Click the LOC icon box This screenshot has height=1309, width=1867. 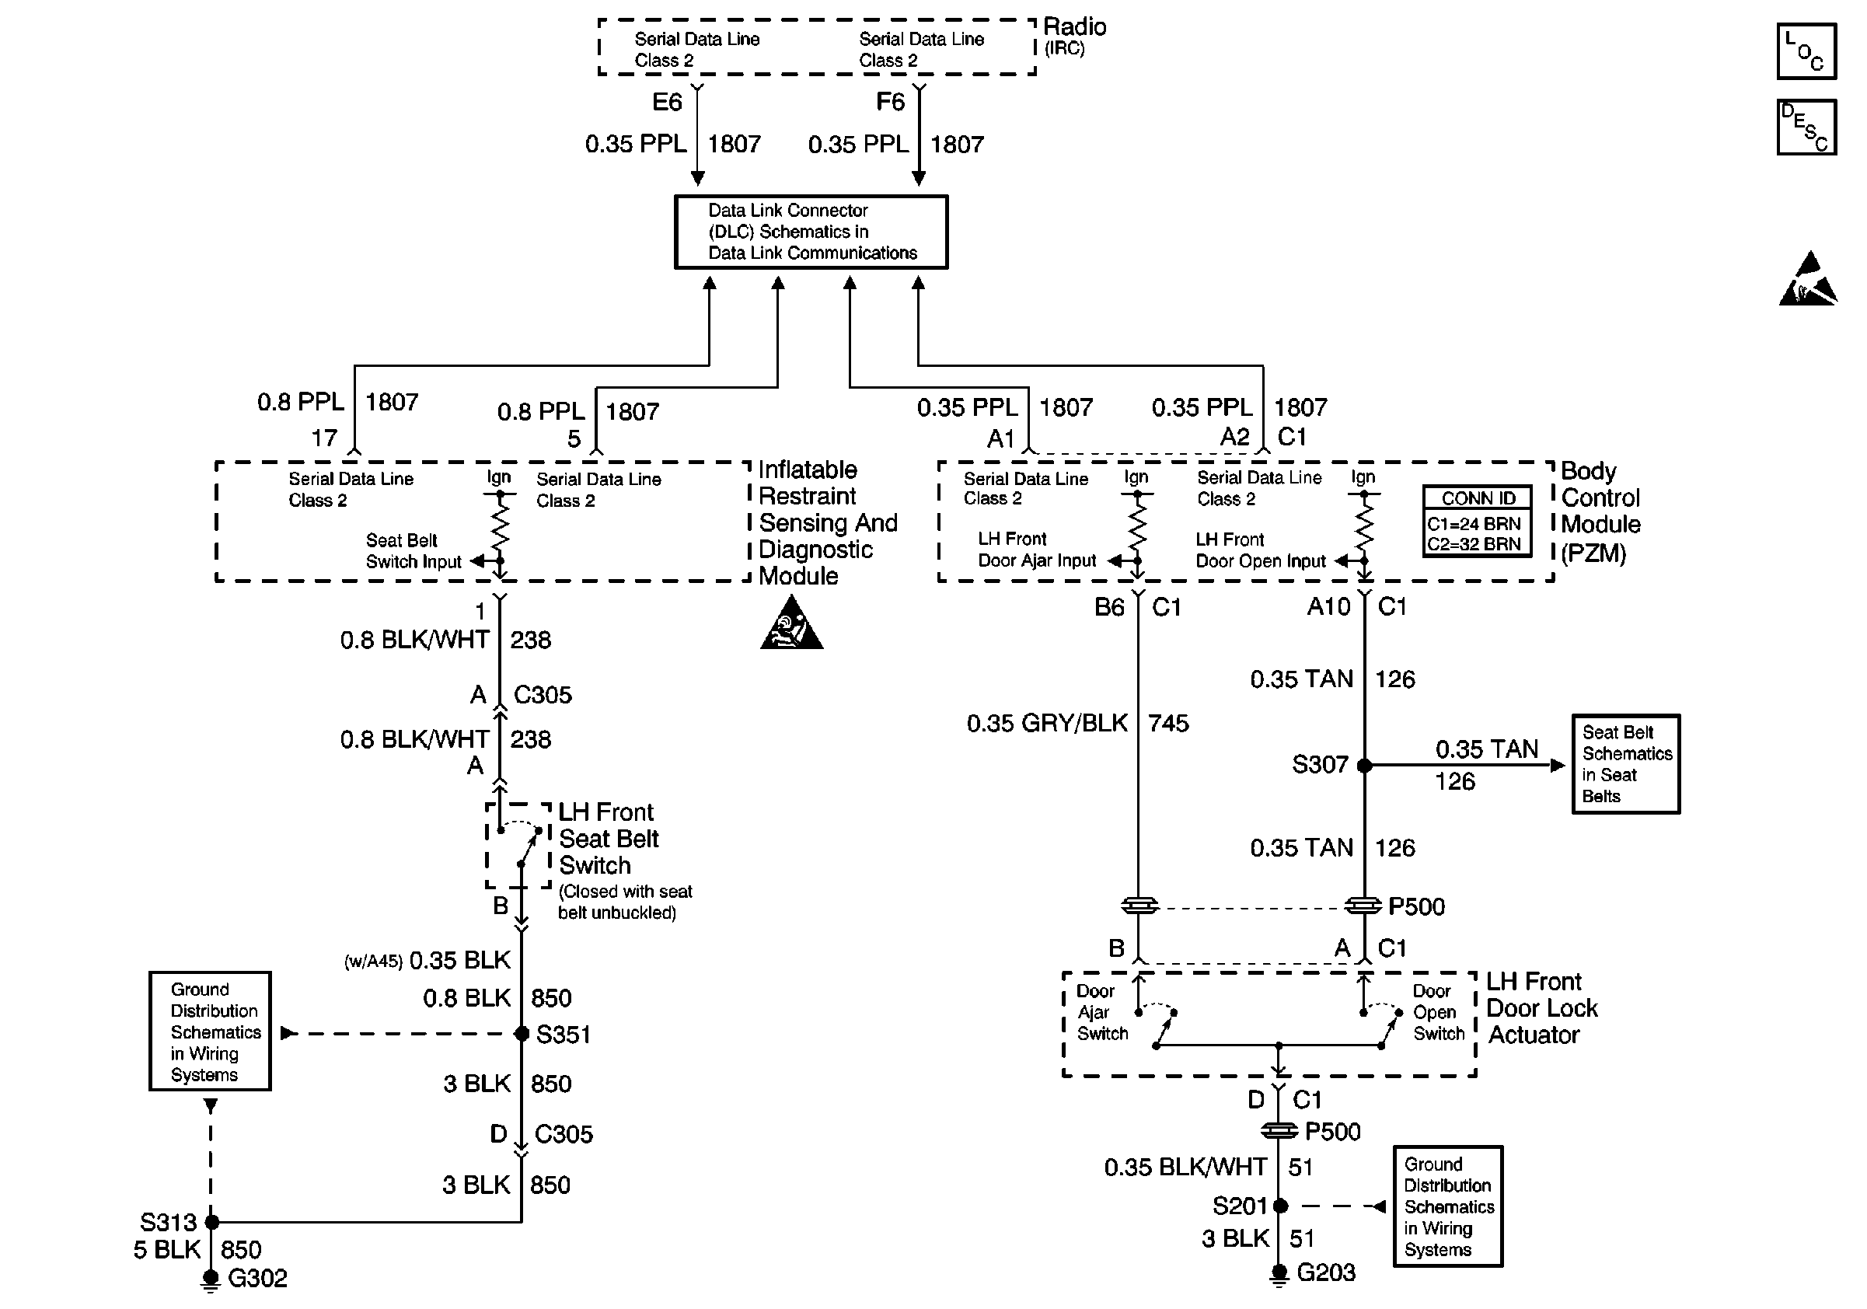(1806, 51)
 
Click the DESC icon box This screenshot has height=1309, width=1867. (1806, 127)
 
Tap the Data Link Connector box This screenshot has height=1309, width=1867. (811, 232)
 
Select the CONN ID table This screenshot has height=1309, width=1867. (1477, 521)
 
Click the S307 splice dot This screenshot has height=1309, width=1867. (1364, 765)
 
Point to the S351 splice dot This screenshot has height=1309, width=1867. (522, 1033)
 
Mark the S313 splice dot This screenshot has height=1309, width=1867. (211, 1221)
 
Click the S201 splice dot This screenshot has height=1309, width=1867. (1280, 1206)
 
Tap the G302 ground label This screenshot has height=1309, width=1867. (258, 1278)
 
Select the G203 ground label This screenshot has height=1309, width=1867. (1326, 1272)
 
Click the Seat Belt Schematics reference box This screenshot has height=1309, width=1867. (1625, 764)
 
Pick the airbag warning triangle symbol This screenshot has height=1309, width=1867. (791, 622)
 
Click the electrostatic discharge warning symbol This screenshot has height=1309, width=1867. (1808, 279)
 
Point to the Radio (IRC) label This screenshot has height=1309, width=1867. (1074, 37)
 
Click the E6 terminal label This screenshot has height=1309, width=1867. (667, 102)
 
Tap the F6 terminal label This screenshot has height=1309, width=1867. (890, 102)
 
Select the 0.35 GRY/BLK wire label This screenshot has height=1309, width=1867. (1047, 723)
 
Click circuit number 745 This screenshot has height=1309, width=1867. (1168, 723)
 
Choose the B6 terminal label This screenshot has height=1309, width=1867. (1109, 607)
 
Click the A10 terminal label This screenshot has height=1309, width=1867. (1328, 606)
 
